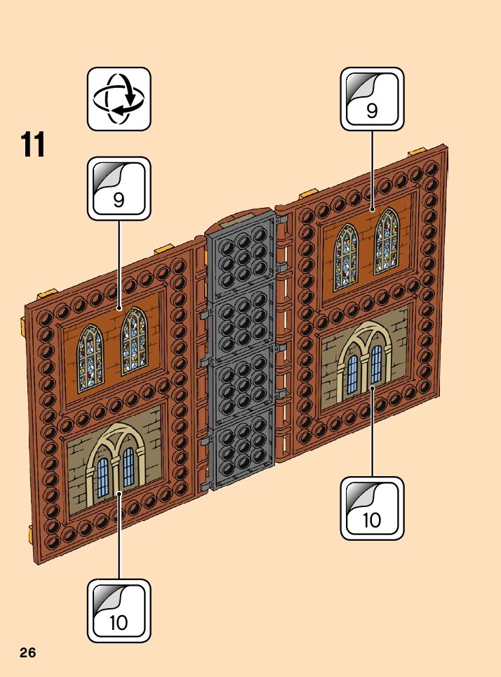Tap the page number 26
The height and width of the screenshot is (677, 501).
28,652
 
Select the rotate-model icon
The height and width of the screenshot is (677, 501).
119,99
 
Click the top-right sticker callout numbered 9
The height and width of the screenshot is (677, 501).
372,99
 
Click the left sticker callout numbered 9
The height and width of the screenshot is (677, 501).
119,188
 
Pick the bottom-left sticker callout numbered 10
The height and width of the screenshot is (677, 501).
119,610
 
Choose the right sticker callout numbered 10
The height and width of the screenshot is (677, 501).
372,508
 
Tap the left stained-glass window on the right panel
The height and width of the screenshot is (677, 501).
345,256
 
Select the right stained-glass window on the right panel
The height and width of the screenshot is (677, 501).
387,241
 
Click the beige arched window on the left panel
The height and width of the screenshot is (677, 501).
114,464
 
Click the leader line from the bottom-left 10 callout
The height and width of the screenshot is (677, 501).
119,537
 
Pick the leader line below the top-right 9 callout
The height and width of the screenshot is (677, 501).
372,169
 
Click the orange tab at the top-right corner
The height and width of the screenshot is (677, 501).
417,152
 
